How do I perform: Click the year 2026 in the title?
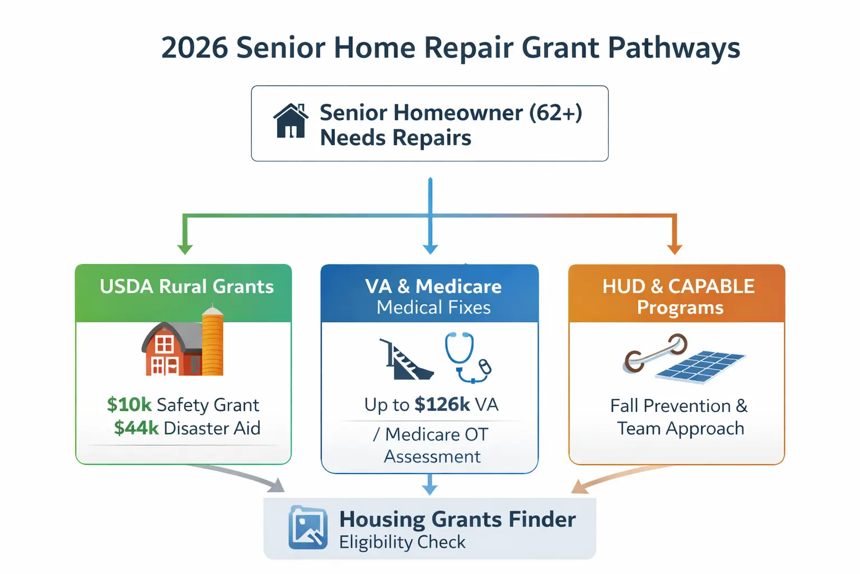[x=194, y=48]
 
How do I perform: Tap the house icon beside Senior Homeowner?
[x=291, y=121]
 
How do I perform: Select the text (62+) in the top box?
[x=555, y=113]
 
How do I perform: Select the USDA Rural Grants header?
[x=186, y=287]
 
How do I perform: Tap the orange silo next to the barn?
[x=212, y=342]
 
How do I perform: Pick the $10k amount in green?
[x=129, y=405]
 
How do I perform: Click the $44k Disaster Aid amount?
[x=137, y=428]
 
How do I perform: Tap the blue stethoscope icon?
[x=466, y=358]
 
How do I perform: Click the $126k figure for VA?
[x=442, y=405]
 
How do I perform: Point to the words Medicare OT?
[x=436, y=434]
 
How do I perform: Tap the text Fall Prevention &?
[x=679, y=406]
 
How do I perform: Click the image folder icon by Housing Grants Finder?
[x=308, y=527]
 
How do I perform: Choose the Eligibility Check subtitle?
[x=402, y=543]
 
